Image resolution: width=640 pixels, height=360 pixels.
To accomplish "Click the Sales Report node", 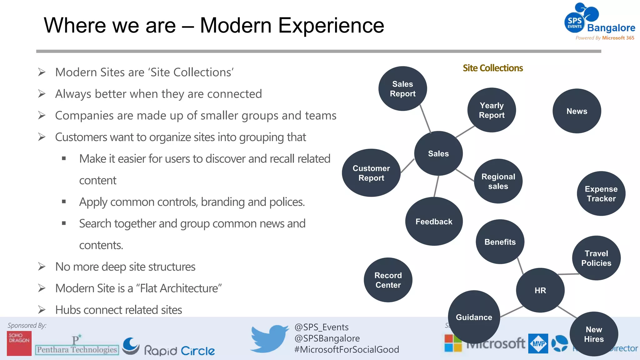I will pyautogui.click(x=402, y=89).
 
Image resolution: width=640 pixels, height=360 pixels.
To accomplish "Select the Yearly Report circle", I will pyautogui.click(x=492, y=110).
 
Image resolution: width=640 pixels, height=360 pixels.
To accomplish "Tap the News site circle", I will pyautogui.click(x=577, y=111).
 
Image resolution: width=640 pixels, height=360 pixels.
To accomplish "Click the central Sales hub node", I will pyautogui.click(x=438, y=153).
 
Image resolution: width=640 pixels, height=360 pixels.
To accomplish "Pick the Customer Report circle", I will pyautogui.click(x=371, y=173).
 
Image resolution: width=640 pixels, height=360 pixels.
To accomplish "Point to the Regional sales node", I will pyautogui.click(x=498, y=181).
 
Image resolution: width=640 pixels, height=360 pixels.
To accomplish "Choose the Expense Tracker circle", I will pyautogui.click(x=601, y=193).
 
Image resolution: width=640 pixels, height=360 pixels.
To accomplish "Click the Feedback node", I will pyautogui.click(x=434, y=222).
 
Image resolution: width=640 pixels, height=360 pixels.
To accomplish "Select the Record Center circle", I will pyautogui.click(x=388, y=280).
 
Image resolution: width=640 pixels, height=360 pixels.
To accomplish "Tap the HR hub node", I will pyautogui.click(x=540, y=290).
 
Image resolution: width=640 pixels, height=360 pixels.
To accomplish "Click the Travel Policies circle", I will pyautogui.click(x=596, y=258).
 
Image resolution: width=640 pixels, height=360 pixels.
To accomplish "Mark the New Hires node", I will pyautogui.click(x=593, y=334).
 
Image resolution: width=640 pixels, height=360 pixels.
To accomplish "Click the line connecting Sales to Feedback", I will pyautogui.click(x=436, y=187).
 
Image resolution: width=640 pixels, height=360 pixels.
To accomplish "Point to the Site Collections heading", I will pyautogui.click(x=492, y=68).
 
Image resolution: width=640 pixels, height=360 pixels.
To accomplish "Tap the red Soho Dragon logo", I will pyautogui.click(x=19, y=343).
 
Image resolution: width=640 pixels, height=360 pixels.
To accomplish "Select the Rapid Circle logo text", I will pyautogui.click(x=179, y=351).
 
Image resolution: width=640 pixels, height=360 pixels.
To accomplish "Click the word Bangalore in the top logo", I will pyautogui.click(x=611, y=28).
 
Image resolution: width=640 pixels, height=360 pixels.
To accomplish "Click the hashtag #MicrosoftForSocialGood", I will pyautogui.click(x=346, y=349).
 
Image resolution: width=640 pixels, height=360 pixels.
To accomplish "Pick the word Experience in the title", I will pyautogui.click(x=331, y=25).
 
